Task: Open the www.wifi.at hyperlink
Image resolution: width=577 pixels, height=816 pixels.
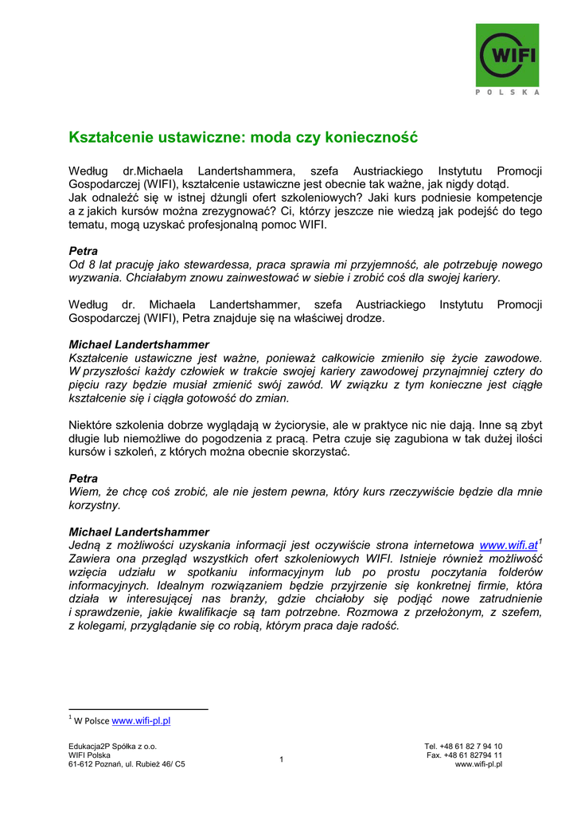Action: [509, 545]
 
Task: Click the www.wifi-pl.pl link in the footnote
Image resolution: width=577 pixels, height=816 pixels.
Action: [141, 721]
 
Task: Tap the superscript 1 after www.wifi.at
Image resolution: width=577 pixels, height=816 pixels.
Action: [540, 542]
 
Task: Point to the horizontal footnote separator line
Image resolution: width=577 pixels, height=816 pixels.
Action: [138, 708]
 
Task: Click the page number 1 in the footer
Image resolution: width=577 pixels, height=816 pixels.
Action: [282, 759]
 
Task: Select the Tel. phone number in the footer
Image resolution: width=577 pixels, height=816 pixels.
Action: [463, 747]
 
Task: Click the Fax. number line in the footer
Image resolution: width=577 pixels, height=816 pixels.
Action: [464, 755]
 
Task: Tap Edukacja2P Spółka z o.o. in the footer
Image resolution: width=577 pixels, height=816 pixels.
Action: [113, 747]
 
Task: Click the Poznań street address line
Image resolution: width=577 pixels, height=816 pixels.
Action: [127, 765]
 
